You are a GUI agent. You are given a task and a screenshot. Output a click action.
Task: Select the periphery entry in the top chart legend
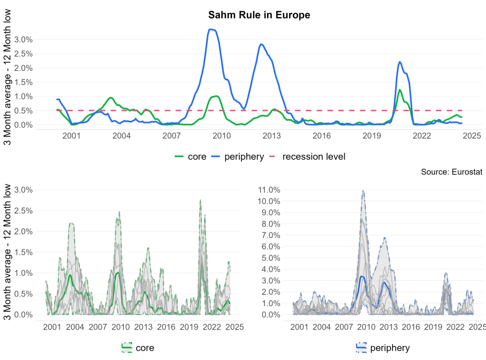[238, 157]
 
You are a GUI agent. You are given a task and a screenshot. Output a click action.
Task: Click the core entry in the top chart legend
[191, 157]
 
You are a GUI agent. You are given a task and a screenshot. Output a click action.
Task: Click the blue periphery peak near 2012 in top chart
[261, 44]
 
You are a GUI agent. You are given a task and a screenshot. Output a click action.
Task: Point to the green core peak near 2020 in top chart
[400, 90]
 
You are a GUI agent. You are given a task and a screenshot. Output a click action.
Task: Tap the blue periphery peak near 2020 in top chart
[400, 62]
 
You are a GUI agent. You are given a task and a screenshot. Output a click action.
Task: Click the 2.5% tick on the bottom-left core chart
[23, 211]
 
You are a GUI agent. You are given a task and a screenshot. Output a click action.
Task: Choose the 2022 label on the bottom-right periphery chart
[456, 327]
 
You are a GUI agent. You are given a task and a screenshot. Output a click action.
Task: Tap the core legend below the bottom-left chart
[138, 348]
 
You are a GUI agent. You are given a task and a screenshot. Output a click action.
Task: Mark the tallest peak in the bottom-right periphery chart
[363, 191]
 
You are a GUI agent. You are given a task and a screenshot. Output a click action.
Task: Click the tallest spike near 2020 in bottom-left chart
[200, 200]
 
